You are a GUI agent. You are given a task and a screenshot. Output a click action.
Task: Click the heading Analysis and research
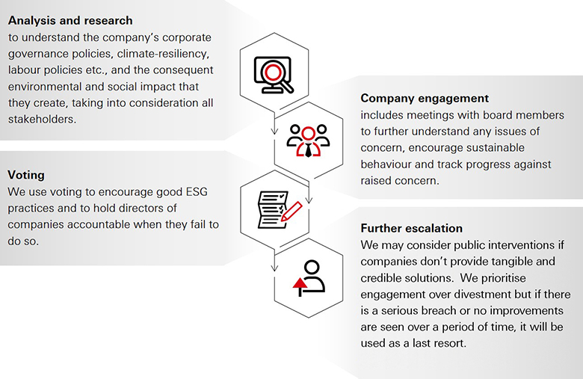coord(70,20)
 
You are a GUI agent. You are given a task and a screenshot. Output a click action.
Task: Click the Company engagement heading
coord(425,98)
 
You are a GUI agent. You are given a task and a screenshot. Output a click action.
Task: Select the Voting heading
coord(26,174)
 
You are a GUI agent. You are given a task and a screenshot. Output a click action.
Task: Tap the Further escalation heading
coord(411,227)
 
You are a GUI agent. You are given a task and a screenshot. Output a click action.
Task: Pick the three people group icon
coord(308,140)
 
